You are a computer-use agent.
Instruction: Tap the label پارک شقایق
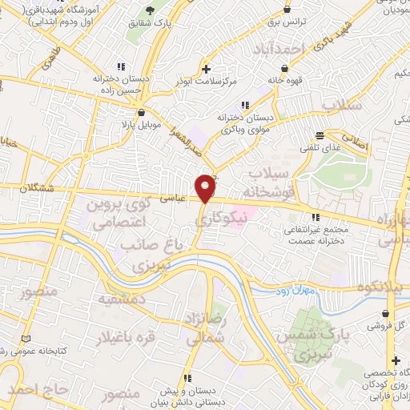pyautogui.click(x=149, y=22)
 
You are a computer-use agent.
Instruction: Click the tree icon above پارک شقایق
pyautogui.click(x=150, y=10)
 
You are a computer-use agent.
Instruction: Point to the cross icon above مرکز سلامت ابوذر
pyautogui.click(x=207, y=69)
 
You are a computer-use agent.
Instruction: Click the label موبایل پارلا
pyautogui.click(x=142, y=126)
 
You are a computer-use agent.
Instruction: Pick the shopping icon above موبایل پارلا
pyautogui.click(x=142, y=113)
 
